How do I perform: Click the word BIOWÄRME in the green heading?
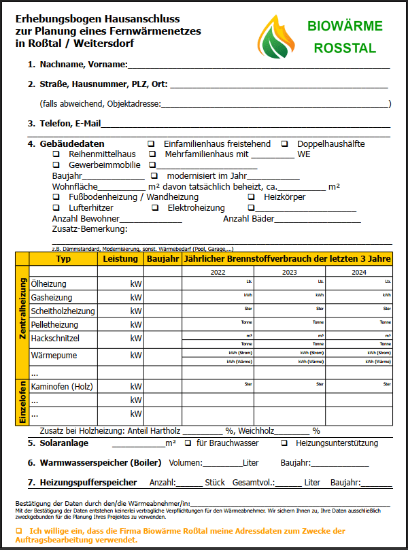(345, 27)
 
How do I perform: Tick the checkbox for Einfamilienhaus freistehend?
(151, 144)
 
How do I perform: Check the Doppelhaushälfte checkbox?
(285, 144)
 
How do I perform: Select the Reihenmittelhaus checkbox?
(56, 155)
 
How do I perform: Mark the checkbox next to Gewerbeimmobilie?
(56, 165)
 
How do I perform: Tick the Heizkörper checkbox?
(251, 197)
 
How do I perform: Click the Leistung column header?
(120, 259)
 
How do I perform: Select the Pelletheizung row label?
(54, 325)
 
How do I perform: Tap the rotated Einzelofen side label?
(22, 402)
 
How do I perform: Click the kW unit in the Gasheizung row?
(136, 298)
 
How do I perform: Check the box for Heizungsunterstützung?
(285, 443)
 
